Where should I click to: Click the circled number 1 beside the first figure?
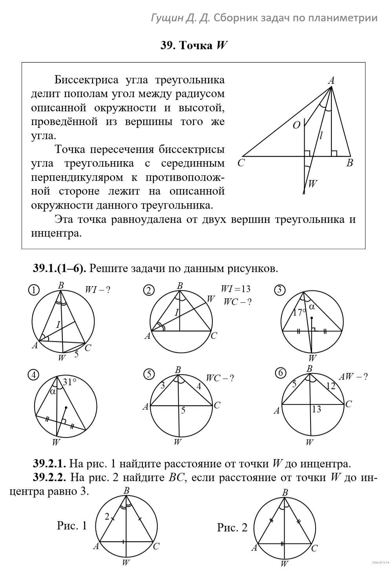[x=34, y=290]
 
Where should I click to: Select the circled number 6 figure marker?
[x=280, y=373]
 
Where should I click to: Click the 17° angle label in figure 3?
[x=299, y=313]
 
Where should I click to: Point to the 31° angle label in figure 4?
[x=69, y=381]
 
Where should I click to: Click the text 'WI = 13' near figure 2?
[x=236, y=289]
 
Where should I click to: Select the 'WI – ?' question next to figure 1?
[x=98, y=290]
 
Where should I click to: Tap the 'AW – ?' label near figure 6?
[x=354, y=376]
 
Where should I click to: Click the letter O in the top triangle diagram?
[x=296, y=125]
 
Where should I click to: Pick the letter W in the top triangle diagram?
[x=313, y=183]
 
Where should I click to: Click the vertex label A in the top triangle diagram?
[x=331, y=81]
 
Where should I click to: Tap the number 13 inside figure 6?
[x=316, y=410]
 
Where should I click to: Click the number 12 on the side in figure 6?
[x=331, y=386]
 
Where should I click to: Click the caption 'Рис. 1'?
[x=72, y=525]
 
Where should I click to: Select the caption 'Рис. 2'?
[x=232, y=527]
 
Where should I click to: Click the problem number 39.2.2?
[x=49, y=477]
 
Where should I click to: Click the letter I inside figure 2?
[x=177, y=312]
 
